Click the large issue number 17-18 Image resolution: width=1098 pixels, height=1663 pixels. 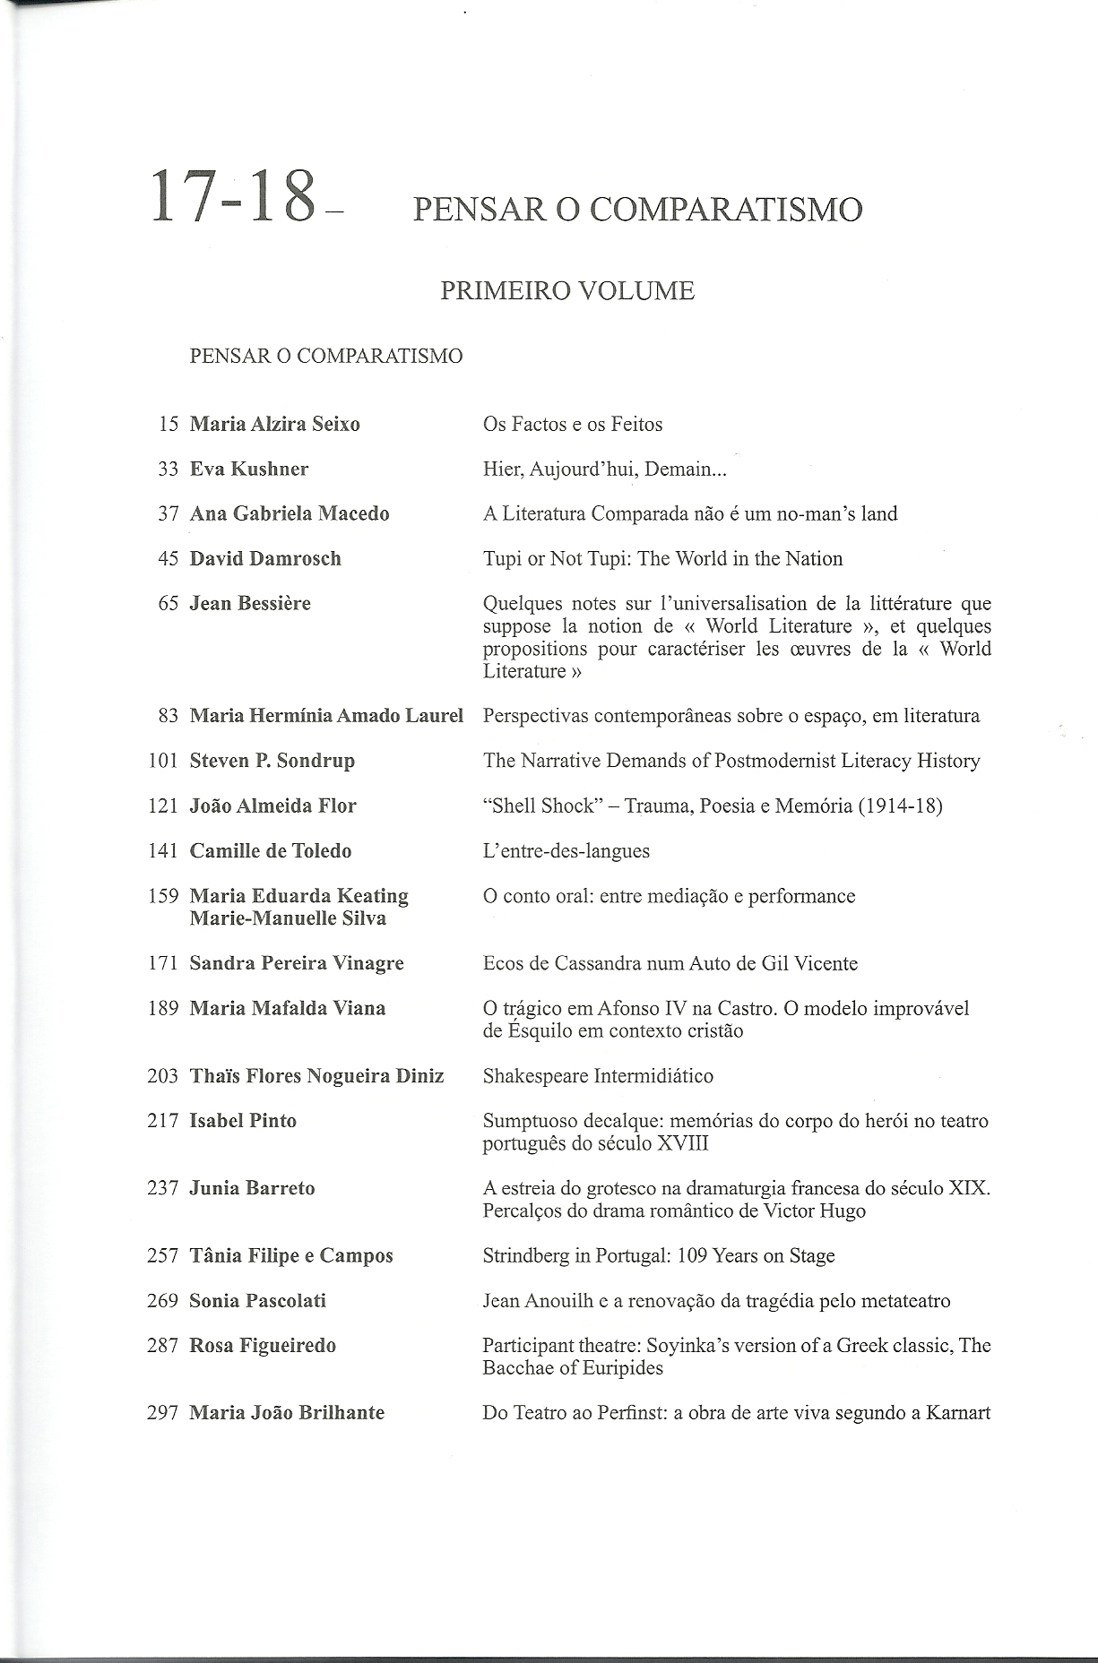[x=235, y=196]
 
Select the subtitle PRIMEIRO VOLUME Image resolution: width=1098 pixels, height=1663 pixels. [x=567, y=291]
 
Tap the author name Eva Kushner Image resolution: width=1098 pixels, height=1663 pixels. [x=249, y=469]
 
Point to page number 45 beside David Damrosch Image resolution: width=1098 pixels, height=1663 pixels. [x=169, y=558]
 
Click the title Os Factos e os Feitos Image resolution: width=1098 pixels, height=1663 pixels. [x=573, y=424]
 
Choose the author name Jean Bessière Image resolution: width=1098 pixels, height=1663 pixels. [x=250, y=603]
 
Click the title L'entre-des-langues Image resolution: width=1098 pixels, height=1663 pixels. [x=566, y=850]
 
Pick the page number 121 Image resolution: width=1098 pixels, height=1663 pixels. [x=163, y=806]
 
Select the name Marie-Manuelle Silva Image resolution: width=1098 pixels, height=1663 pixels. [x=288, y=918]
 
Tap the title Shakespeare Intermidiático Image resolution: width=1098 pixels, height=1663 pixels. [x=598, y=1075]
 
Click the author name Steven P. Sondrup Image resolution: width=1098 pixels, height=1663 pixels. [x=272, y=761]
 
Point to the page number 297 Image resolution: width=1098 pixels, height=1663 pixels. [x=163, y=1412]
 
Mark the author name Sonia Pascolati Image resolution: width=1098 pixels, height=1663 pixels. [x=258, y=1300]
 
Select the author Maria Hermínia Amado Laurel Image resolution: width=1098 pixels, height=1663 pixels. [x=326, y=715]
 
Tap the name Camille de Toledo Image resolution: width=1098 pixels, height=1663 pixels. [x=271, y=850]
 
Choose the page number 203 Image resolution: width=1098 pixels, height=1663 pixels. [x=163, y=1075]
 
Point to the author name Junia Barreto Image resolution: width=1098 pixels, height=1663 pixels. [x=253, y=1188]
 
